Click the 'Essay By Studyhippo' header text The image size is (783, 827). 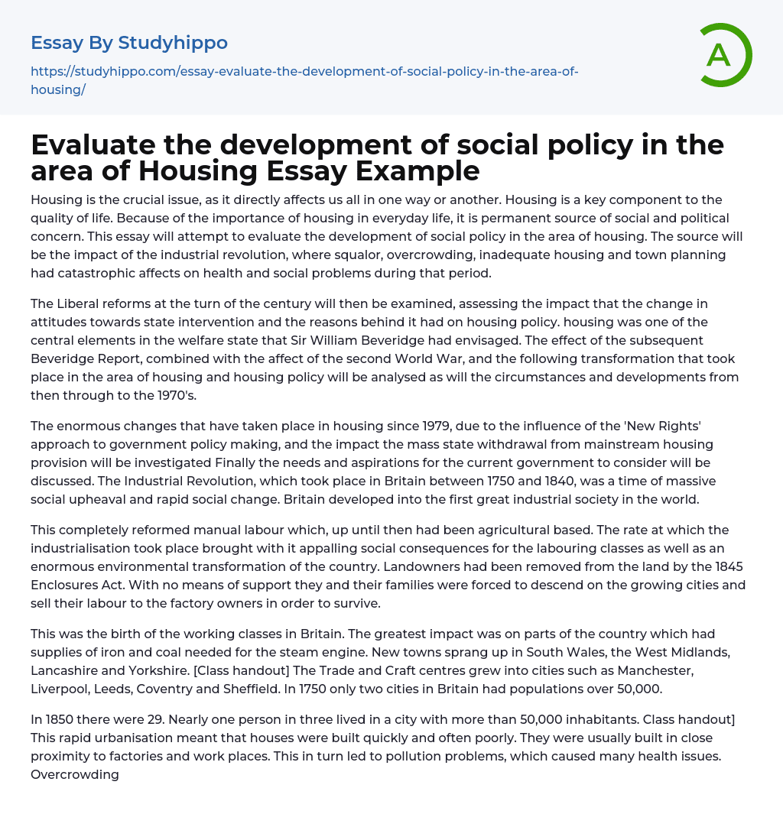coord(129,43)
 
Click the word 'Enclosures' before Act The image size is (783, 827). coord(70,585)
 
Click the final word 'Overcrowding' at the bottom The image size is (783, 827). coord(75,774)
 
